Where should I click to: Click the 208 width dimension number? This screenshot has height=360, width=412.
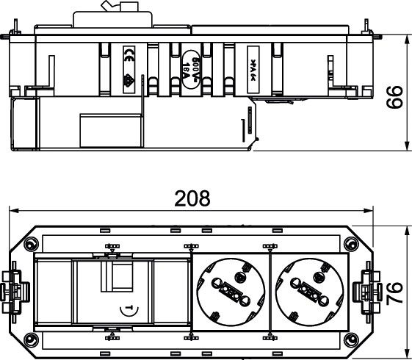point(192,198)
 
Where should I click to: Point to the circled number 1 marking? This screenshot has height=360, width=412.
point(129,309)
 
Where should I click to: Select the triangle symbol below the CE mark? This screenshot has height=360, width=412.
point(127,82)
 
